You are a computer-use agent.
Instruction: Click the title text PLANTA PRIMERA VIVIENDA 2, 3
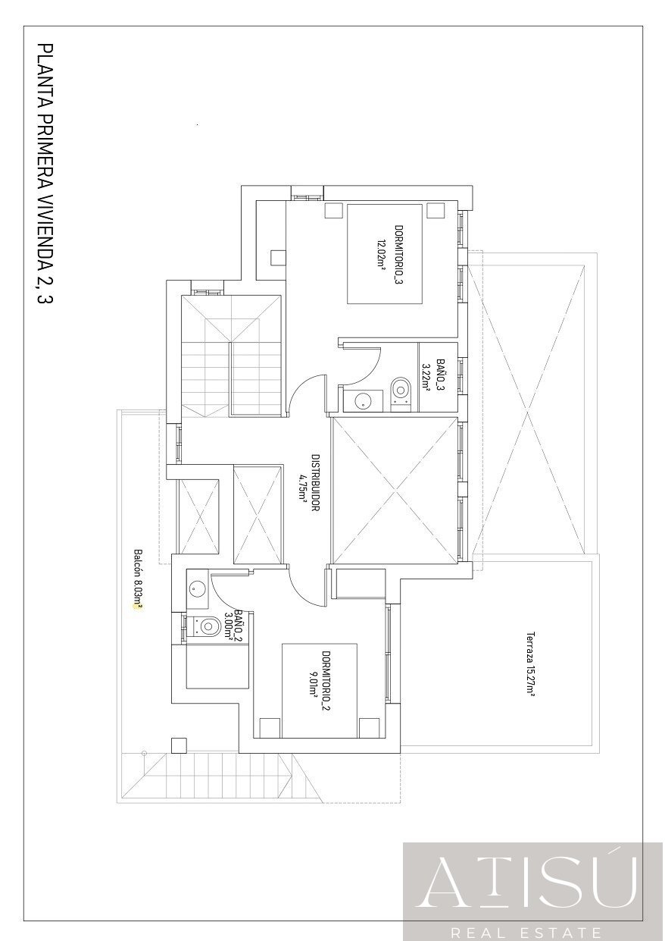coord(45,174)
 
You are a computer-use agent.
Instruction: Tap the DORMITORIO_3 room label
coord(398,253)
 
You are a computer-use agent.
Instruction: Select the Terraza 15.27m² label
coord(531,663)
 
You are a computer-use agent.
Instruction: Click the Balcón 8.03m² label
coord(138,578)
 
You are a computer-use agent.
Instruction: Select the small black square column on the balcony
coord(179,745)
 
